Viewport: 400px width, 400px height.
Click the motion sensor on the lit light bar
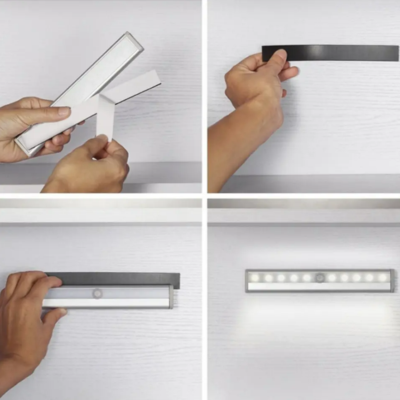pos(320,278)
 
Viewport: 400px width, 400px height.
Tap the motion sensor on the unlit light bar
pos(97,293)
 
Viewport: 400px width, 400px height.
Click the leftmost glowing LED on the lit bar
pos(255,278)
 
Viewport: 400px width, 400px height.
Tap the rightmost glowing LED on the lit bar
pos(383,278)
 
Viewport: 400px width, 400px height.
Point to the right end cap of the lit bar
pos(392,281)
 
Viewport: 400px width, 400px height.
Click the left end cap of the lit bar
pos(247,281)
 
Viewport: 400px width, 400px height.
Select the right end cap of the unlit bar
pos(171,297)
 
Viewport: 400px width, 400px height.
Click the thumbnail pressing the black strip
pos(281,56)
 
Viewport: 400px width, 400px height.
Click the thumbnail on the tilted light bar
pos(64,111)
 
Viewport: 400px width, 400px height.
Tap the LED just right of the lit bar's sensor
pos(332,278)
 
